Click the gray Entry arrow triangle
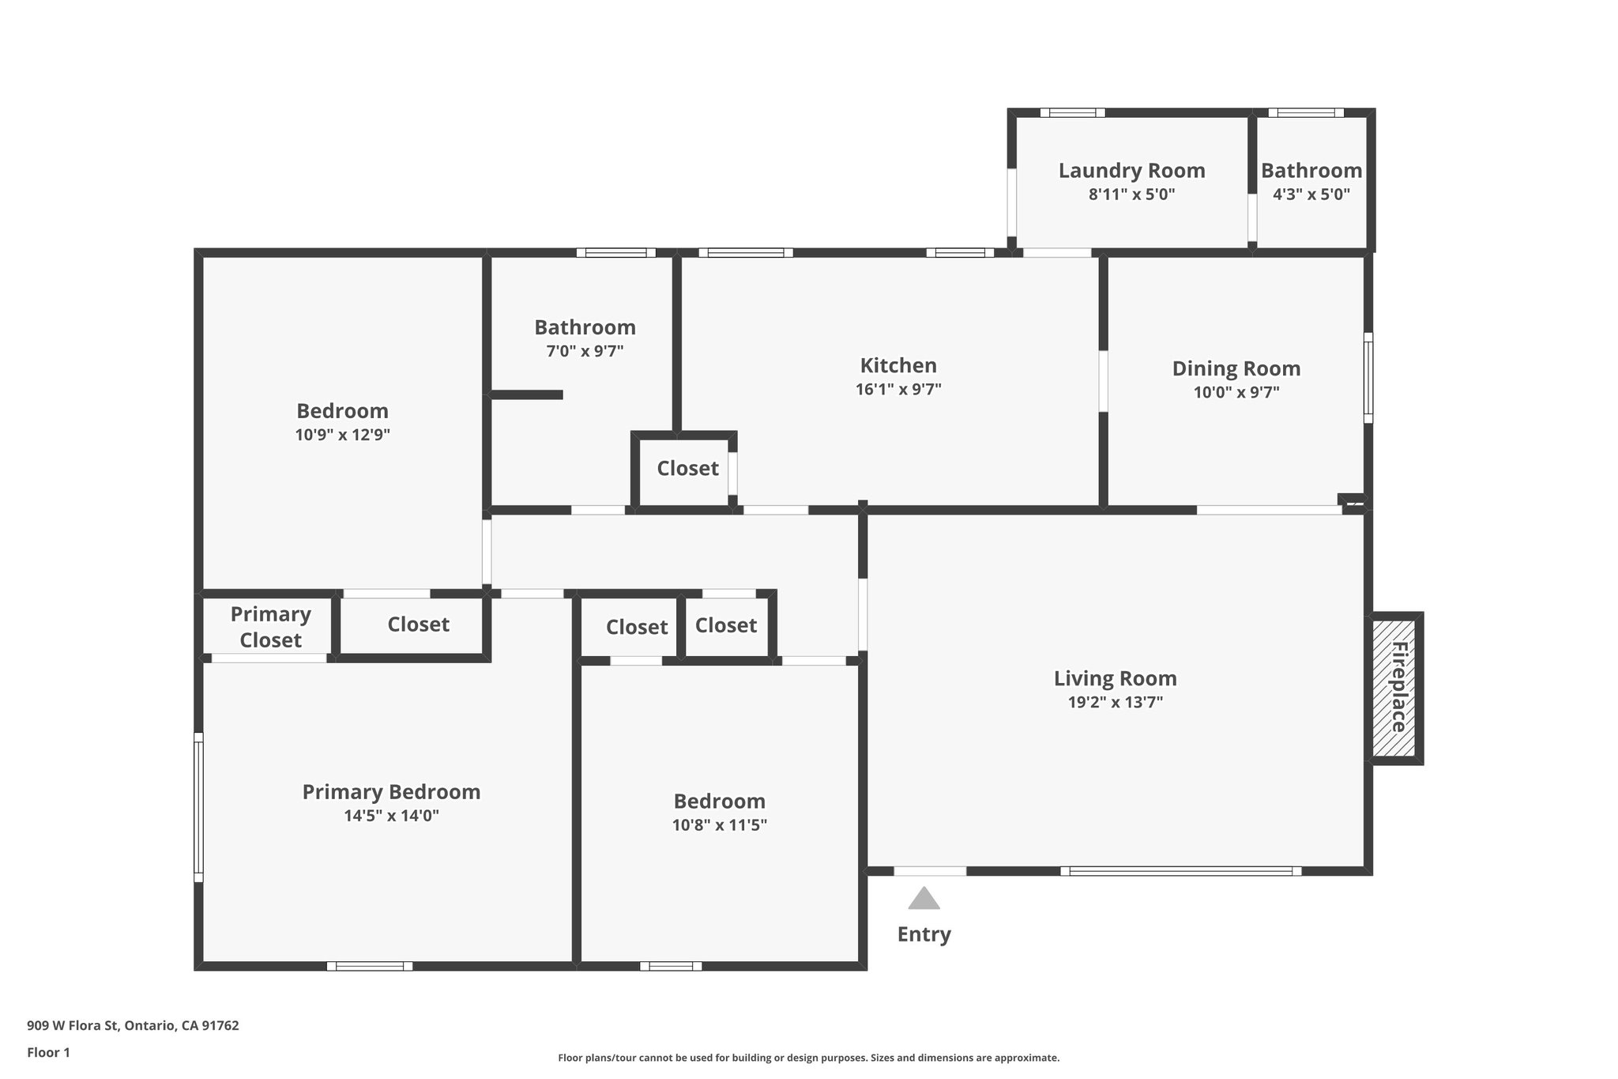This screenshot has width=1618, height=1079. (x=924, y=900)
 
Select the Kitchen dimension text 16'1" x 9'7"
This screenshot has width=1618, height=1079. (x=898, y=390)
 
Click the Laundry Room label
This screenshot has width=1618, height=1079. (x=1131, y=171)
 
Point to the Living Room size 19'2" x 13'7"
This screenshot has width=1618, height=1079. (x=1115, y=702)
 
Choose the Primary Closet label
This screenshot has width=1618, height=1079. (x=270, y=627)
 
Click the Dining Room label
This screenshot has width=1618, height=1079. (x=1236, y=368)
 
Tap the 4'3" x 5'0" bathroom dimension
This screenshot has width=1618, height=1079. (x=1311, y=194)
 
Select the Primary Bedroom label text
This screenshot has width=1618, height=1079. (x=391, y=792)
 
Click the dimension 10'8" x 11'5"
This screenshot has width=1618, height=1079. (x=719, y=825)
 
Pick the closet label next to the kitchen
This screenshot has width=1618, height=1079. (x=687, y=469)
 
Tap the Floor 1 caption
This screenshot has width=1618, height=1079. (x=48, y=1052)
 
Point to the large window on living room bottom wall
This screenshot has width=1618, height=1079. (x=1180, y=871)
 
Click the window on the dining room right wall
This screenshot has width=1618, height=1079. (x=1368, y=377)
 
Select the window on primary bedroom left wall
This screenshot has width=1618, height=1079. (x=199, y=806)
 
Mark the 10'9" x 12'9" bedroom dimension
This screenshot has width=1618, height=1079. (x=342, y=435)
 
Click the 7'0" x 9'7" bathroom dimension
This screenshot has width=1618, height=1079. (x=585, y=351)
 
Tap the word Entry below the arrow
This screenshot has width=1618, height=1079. (x=924, y=934)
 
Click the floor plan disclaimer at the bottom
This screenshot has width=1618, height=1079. (x=808, y=1058)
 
